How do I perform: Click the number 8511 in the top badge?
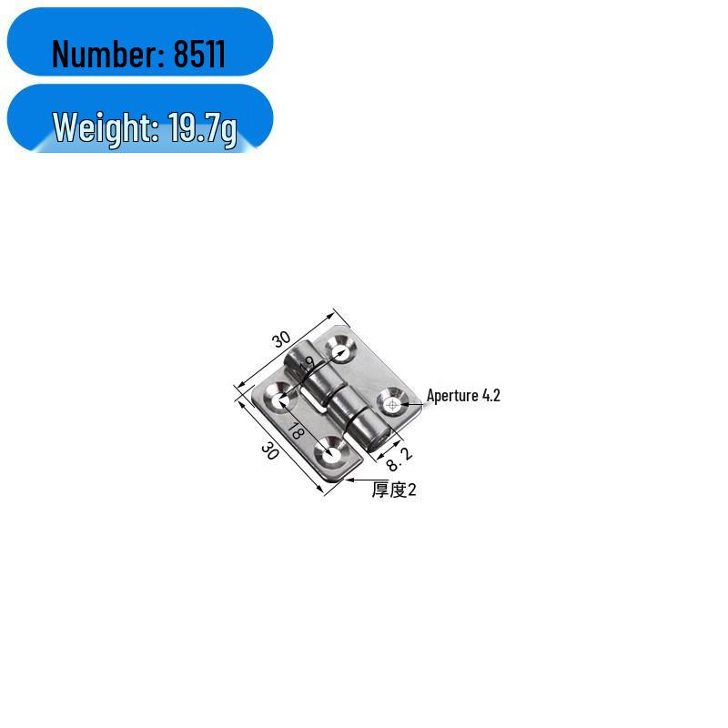pyautogui.click(x=199, y=55)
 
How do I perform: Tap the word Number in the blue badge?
pyautogui.click(x=107, y=55)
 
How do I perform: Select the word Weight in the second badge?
pyautogui.click(x=102, y=128)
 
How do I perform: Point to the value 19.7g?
pyautogui.click(x=202, y=128)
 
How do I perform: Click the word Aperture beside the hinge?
pyautogui.click(x=452, y=396)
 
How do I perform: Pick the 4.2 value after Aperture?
pyautogui.click(x=490, y=396)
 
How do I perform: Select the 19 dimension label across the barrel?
pyautogui.click(x=306, y=366)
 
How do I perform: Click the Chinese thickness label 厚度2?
pyautogui.click(x=394, y=490)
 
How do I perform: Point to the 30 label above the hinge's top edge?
pyautogui.click(x=281, y=339)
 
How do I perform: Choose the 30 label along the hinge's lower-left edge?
pyautogui.click(x=269, y=450)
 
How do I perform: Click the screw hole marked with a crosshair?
pyautogui.click(x=391, y=403)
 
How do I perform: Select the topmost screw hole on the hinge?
pyautogui.click(x=341, y=349)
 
